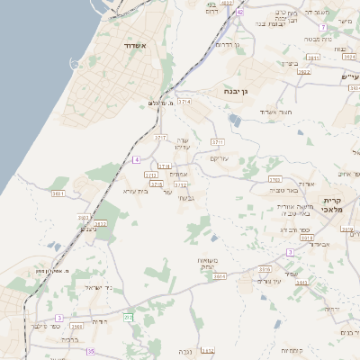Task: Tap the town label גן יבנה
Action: (237, 91)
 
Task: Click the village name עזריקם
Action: (220, 158)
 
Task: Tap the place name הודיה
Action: (101, 321)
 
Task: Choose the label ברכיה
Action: (69, 339)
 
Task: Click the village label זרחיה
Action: (332, 308)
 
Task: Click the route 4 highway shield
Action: (136, 159)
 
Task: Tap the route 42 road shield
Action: (239, 13)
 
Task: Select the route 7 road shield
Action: (321, 28)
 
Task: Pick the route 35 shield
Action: (90, 351)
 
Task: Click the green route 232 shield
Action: (128, 317)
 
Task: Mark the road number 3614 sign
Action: (220, 277)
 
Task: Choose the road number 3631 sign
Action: (59, 193)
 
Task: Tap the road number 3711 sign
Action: (217, 142)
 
